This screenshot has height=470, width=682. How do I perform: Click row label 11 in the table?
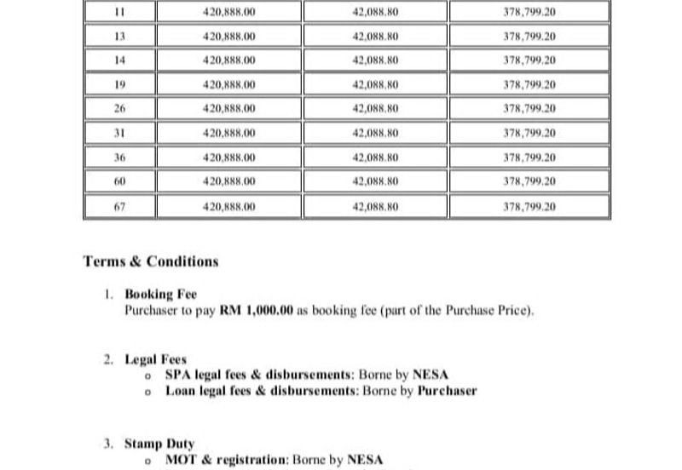pos(119,13)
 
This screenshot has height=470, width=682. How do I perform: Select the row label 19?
pos(119,85)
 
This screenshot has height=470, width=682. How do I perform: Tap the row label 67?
pos(119,207)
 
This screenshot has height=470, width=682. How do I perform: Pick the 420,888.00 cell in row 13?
pos(230,37)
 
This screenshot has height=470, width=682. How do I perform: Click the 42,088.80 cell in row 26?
pos(376,109)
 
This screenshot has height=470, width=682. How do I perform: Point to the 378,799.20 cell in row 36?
pos(529,158)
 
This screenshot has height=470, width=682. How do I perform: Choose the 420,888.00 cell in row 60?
pos(230,181)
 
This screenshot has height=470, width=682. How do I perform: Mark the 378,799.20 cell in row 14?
pos(529,60)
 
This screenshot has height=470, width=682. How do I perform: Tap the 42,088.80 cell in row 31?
pos(376,134)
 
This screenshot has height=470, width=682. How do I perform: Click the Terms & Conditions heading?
pos(151,262)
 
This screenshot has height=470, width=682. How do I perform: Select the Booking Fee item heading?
pos(161,295)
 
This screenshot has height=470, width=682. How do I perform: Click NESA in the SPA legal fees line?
pos(431,375)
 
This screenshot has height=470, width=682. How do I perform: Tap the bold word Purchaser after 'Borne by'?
pos(447,391)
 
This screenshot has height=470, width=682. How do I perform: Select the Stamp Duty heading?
pos(159,444)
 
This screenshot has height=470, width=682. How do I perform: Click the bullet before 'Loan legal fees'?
pos(148,392)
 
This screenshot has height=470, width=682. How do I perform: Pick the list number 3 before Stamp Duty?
pos(107,444)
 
